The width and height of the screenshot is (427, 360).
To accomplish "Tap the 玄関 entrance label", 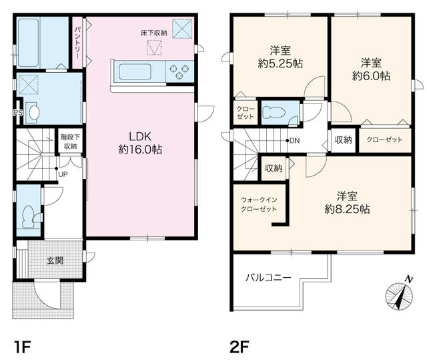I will pyautogui.click(x=55, y=260).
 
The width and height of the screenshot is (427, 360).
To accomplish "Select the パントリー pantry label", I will pyautogui.click(x=77, y=42).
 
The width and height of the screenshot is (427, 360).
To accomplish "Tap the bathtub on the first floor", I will pyautogui.click(x=41, y=41).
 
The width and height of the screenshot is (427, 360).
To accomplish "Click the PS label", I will pyautogui.click(x=17, y=112).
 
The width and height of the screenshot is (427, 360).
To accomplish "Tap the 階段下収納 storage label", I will pyautogui.click(x=69, y=141).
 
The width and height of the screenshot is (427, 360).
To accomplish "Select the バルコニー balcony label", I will pyautogui.click(x=268, y=277).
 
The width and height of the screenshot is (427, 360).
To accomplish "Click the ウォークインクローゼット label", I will pyautogui.click(x=259, y=203).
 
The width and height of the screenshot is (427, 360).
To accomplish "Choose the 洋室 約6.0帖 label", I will pyautogui.click(x=371, y=69).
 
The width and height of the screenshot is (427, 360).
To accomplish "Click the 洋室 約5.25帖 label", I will pyautogui.click(x=279, y=57).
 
